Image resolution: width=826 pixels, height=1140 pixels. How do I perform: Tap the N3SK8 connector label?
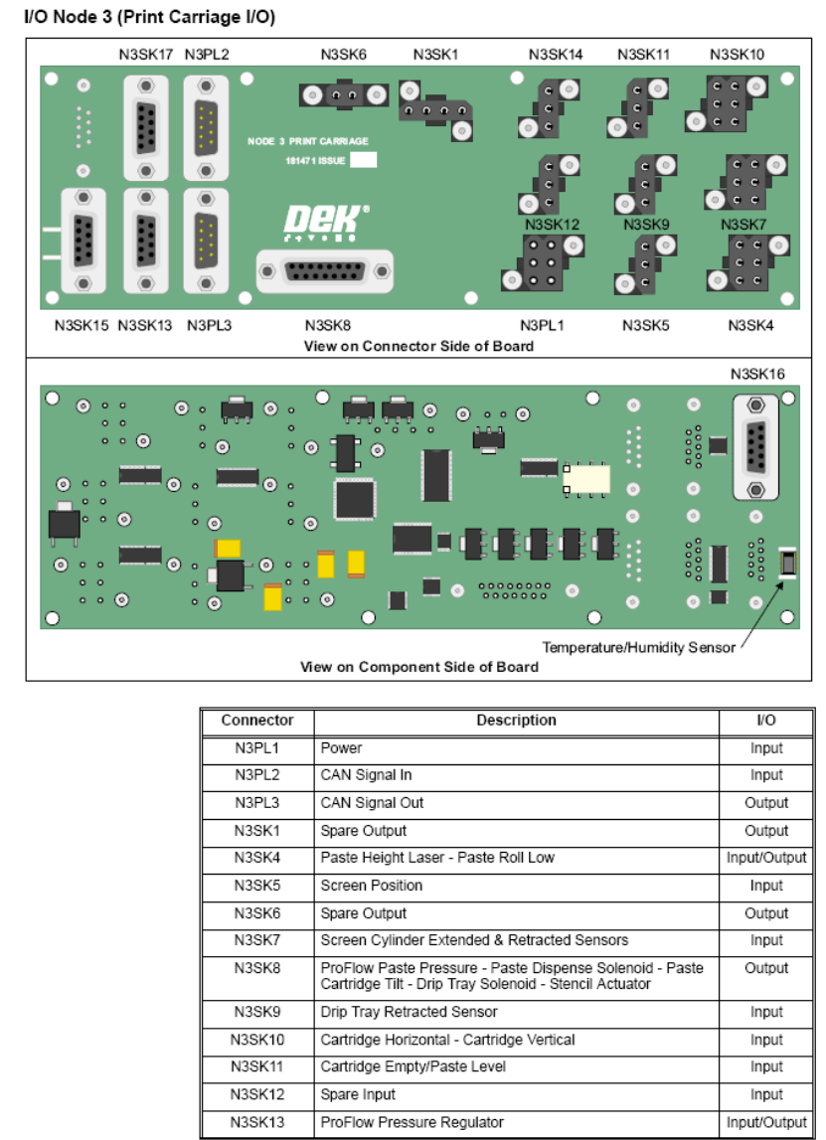(x=328, y=324)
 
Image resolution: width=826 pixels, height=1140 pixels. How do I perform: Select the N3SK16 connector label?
(x=757, y=375)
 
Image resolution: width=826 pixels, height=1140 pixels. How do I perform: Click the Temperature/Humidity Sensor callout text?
(x=638, y=647)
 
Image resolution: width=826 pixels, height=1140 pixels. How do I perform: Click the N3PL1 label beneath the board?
(x=542, y=324)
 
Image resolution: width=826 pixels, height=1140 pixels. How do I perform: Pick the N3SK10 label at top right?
(x=737, y=55)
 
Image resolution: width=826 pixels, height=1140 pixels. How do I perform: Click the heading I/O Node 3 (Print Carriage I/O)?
(x=149, y=17)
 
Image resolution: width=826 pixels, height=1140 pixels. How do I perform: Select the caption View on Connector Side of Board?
(x=418, y=346)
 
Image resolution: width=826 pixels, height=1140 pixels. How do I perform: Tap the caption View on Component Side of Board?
(x=418, y=666)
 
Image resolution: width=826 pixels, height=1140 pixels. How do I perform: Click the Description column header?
(x=516, y=721)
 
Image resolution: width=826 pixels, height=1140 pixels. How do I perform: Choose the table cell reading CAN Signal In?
(x=366, y=775)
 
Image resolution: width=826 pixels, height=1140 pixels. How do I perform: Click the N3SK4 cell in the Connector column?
(x=256, y=858)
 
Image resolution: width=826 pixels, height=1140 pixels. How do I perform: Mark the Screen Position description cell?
(x=371, y=886)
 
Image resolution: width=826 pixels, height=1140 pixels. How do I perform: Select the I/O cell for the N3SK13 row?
(x=766, y=1122)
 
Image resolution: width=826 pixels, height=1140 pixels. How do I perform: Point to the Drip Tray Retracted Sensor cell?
(x=409, y=1012)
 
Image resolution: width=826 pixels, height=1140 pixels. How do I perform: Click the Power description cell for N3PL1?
(x=341, y=748)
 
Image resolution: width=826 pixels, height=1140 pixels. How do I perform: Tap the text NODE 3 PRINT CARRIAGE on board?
(x=308, y=141)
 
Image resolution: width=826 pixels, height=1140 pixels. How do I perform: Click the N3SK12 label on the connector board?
(x=552, y=225)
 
